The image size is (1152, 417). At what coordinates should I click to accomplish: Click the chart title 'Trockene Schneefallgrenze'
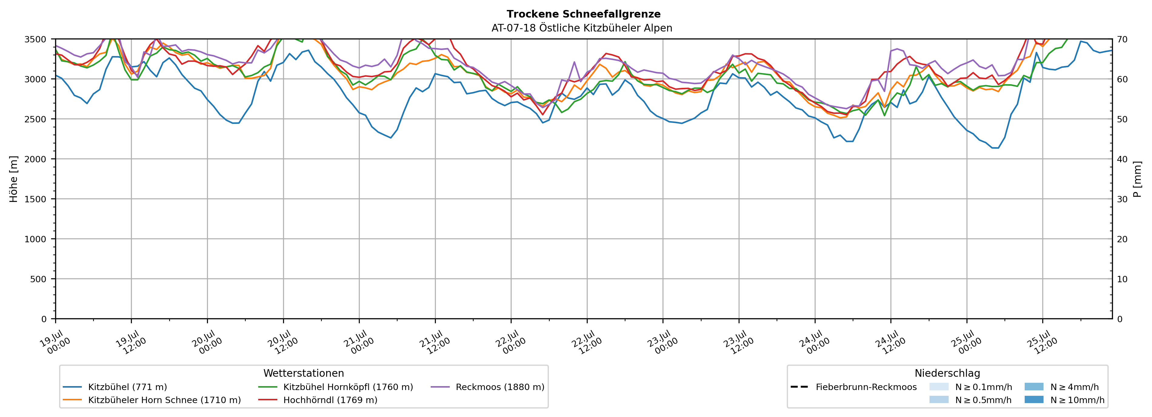pyautogui.click(x=583, y=14)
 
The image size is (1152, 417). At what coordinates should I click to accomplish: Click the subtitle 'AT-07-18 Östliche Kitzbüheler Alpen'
pyautogui.click(x=582, y=28)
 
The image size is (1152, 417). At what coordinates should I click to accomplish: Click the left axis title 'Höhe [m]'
pyautogui.click(x=14, y=179)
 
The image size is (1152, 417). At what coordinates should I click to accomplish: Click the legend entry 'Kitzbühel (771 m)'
pyautogui.click(x=128, y=387)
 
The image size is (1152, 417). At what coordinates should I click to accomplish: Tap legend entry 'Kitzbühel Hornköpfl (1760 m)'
pyautogui.click(x=348, y=387)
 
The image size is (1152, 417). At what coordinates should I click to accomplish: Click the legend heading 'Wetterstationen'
pyautogui.click(x=304, y=373)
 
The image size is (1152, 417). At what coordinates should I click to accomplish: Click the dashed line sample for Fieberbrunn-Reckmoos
pyautogui.click(x=799, y=387)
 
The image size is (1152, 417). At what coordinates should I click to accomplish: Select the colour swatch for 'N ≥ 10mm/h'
pyautogui.click(x=1034, y=399)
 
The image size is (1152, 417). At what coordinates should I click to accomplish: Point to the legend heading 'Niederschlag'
pyautogui.click(x=947, y=373)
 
